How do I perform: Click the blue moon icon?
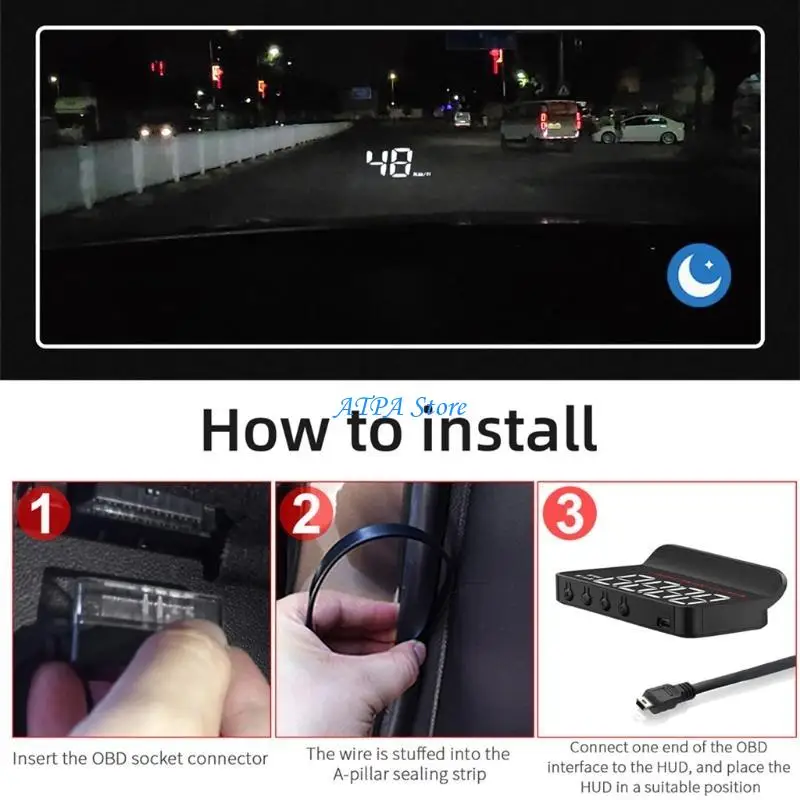click(x=699, y=276)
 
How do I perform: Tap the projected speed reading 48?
click(x=389, y=162)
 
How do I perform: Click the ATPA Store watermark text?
click(x=399, y=407)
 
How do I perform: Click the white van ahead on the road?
click(x=539, y=122)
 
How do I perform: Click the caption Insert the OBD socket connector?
click(x=140, y=758)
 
